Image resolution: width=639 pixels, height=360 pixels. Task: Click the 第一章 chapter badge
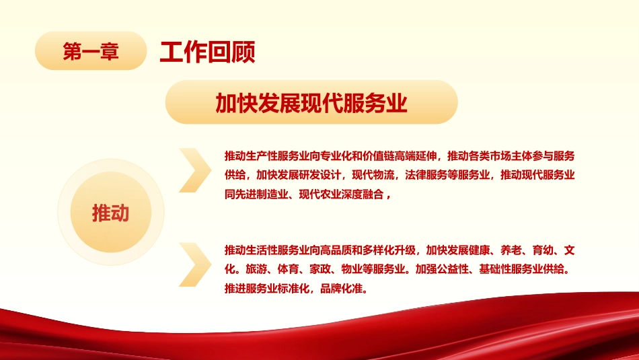[90, 51]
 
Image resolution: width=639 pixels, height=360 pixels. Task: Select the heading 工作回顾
[207, 51]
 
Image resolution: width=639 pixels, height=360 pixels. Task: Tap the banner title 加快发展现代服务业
[311, 103]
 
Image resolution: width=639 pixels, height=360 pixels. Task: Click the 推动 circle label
[110, 213]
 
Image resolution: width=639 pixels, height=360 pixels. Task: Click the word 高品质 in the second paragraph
[346, 251]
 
